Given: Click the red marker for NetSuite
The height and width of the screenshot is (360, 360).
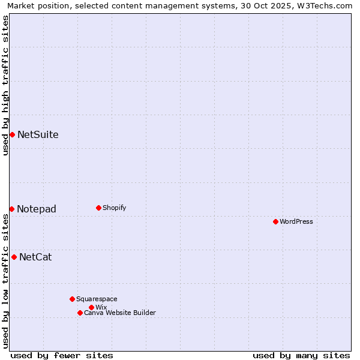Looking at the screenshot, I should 12,134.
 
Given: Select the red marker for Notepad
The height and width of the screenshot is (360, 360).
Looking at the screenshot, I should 11,209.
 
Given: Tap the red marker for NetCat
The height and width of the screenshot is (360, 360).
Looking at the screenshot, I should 14,257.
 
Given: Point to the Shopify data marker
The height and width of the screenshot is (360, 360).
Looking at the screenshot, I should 98,208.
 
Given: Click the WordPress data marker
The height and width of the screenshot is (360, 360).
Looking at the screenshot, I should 275,221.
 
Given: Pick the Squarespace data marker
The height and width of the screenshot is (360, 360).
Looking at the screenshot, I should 72,299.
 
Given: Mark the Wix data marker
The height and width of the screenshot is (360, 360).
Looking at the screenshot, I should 91,307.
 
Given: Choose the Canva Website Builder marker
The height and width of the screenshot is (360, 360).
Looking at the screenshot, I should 80,313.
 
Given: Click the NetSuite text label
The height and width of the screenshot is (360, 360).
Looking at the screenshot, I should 38,134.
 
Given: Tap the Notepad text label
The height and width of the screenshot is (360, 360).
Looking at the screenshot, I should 37,209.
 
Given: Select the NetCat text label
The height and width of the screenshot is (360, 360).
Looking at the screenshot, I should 35,257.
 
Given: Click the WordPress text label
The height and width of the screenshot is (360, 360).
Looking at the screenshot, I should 296,221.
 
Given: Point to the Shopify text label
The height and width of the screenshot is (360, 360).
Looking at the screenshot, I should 114,208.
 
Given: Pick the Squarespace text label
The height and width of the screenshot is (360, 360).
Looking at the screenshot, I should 97,299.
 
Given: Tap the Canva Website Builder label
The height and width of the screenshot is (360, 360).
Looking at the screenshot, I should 119,313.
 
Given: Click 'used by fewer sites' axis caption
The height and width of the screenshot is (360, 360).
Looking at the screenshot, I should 62,355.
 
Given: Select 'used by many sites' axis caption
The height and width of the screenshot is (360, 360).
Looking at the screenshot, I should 301,355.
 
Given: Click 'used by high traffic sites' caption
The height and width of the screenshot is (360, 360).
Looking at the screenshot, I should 5,85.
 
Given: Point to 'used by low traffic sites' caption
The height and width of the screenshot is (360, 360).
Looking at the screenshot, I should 5,281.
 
